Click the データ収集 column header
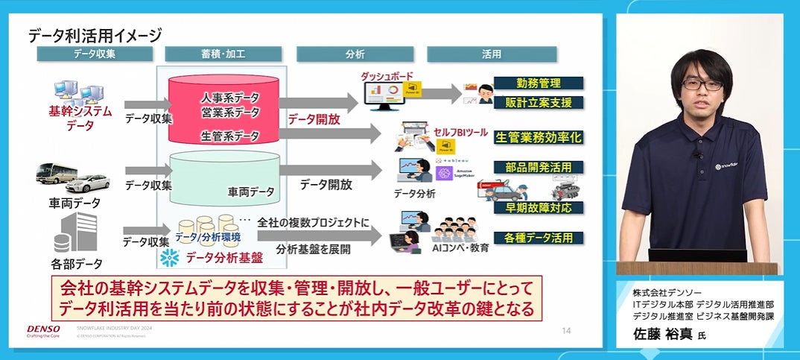click(95, 54)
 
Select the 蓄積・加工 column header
click(224, 54)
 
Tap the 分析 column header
click(355, 54)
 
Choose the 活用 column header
click(492, 54)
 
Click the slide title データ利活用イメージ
click(95, 35)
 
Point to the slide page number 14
click(566, 330)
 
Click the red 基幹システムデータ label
click(80, 119)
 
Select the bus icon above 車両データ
click(57, 173)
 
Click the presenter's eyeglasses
click(702, 85)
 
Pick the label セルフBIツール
click(460, 133)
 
